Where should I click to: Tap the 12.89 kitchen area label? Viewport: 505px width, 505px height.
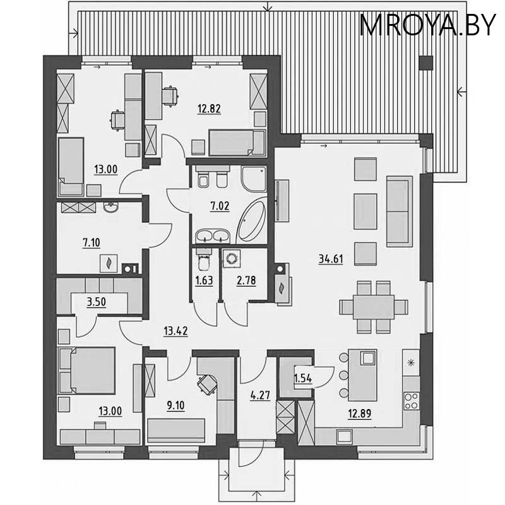tap(360, 413)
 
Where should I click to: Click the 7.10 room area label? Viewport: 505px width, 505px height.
tap(92, 241)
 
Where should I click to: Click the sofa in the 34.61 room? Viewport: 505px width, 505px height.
tap(398, 213)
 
